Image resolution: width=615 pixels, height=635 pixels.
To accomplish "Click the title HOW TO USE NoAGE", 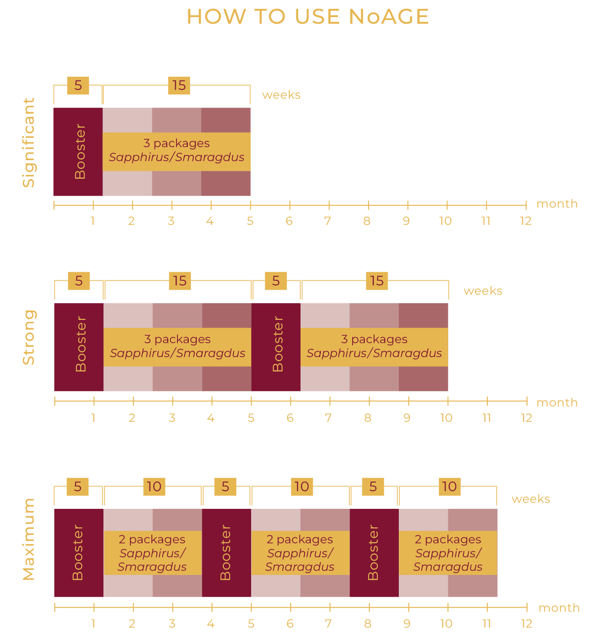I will [x=307, y=17].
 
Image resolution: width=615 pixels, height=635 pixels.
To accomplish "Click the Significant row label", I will [x=29, y=142].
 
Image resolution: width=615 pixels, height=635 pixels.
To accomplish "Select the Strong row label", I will [x=29, y=338].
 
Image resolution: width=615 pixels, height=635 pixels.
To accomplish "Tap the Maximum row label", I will [x=29, y=539].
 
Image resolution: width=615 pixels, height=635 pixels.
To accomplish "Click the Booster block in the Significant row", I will [x=78, y=152].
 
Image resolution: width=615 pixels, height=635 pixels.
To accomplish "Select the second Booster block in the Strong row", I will [x=276, y=347].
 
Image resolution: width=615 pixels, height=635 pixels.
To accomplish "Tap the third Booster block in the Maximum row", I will [x=374, y=553].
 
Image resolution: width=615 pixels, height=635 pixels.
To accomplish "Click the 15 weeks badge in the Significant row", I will [x=179, y=85].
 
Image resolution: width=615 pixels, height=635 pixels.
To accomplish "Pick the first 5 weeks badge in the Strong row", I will [x=79, y=281].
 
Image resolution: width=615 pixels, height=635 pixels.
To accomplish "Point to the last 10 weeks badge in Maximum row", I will [x=449, y=486].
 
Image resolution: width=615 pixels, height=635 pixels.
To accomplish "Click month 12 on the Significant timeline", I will [x=526, y=221].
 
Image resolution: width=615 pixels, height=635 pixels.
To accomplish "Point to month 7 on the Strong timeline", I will [x=328, y=418].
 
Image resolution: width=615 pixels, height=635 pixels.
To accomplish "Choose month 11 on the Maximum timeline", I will [x=486, y=623].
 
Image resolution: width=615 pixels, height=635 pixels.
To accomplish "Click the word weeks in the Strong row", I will [x=483, y=291].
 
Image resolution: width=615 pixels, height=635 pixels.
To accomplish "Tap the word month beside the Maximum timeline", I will [x=559, y=608].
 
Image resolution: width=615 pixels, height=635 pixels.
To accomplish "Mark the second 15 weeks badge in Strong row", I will [x=376, y=281].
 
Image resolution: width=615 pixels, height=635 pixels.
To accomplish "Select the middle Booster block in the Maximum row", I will [x=226, y=553].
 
